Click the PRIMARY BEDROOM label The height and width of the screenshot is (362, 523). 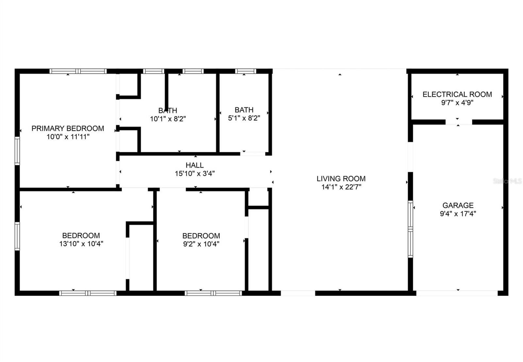(x=68, y=128)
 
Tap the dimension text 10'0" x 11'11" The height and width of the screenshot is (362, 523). (x=68, y=137)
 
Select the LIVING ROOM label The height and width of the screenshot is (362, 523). (x=341, y=179)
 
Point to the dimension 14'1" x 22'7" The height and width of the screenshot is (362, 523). (x=341, y=187)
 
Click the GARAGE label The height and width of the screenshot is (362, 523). (x=458, y=206)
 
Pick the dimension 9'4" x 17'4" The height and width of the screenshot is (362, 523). (x=458, y=214)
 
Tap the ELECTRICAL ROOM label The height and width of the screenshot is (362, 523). (x=457, y=94)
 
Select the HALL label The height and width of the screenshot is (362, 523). (x=194, y=165)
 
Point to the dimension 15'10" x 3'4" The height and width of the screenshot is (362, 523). (x=194, y=174)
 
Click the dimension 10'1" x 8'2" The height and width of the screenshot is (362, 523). (x=168, y=119)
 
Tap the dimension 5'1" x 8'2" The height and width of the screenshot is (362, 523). (x=244, y=118)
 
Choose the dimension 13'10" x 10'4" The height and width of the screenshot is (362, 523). (x=81, y=244)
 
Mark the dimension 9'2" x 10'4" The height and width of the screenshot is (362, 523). (x=201, y=244)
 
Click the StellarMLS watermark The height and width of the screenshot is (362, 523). (x=507, y=181)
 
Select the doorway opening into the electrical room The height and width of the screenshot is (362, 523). (x=459, y=122)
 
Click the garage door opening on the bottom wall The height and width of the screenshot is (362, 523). (x=457, y=293)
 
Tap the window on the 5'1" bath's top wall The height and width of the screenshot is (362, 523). (x=245, y=71)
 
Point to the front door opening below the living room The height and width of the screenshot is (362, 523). (x=298, y=293)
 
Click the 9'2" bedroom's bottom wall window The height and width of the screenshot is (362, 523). (x=213, y=293)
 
